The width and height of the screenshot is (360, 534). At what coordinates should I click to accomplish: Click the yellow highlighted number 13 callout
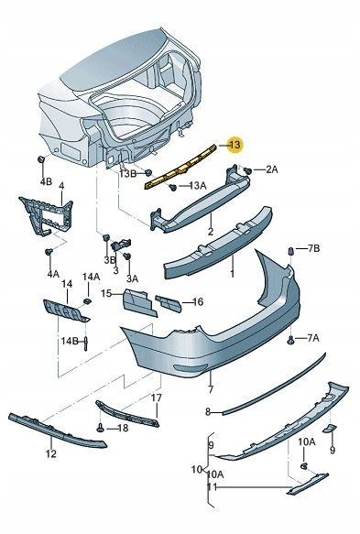coord(235,145)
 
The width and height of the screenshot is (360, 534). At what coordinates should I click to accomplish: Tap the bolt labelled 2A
coord(248,170)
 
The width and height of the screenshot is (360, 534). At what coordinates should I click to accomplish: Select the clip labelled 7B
coord(291,251)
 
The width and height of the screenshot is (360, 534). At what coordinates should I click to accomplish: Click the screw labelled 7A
coord(290,340)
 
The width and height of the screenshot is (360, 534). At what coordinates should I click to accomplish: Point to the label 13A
coord(198,186)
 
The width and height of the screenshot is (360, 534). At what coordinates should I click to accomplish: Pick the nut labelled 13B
coord(147,173)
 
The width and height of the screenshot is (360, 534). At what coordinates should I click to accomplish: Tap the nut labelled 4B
coord(41,158)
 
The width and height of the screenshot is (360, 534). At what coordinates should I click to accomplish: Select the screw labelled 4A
coord(49,253)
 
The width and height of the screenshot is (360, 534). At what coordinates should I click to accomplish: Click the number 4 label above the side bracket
coord(61,186)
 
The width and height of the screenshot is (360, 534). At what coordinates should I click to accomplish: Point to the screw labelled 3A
coord(127,256)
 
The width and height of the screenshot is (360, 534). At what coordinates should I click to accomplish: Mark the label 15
coord(106,293)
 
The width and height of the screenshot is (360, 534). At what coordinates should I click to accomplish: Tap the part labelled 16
coord(169,303)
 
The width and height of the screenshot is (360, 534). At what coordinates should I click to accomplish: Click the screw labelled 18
coord(100,428)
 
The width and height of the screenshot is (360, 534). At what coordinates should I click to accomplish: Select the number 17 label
coord(157,398)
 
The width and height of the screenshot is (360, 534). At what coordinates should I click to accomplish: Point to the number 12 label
coord(50,453)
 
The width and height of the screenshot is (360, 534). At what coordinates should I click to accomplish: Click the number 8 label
coord(208,412)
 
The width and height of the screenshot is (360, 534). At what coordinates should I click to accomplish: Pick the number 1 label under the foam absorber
coord(232,273)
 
